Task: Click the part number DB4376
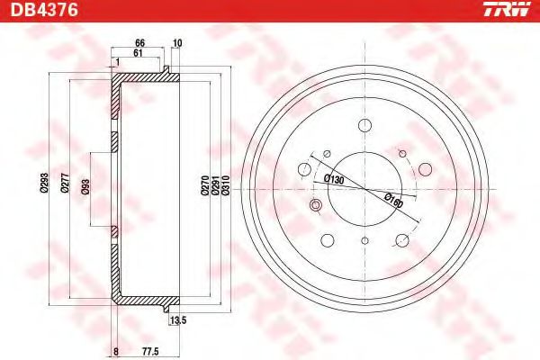coord(44,10)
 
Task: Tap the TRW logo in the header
coord(507,9)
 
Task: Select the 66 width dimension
coord(139,43)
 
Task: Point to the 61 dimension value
coord(138,53)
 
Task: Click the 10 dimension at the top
coord(177,43)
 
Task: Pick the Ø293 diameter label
coord(45,183)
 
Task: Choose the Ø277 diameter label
coord(65,183)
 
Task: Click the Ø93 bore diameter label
coord(85,186)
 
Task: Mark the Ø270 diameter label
coord(205,185)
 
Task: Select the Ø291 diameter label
coord(215,185)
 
